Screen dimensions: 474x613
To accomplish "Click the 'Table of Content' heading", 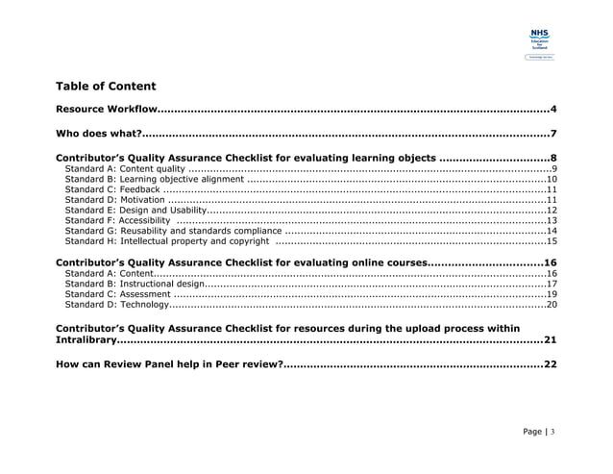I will pyautogui.click(x=106, y=86).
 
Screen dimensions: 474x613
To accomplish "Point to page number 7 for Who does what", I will pyautogui.click(x=553, y=133).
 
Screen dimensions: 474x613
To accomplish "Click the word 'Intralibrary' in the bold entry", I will pyautogui.click(x=86, y=339).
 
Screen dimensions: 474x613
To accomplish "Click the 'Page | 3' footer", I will pyautogui.click(x=533, y=432).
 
